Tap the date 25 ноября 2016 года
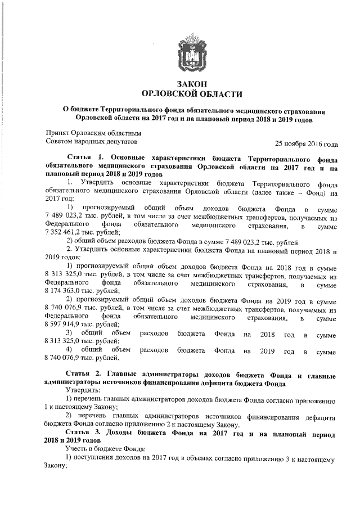pos(306,143)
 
